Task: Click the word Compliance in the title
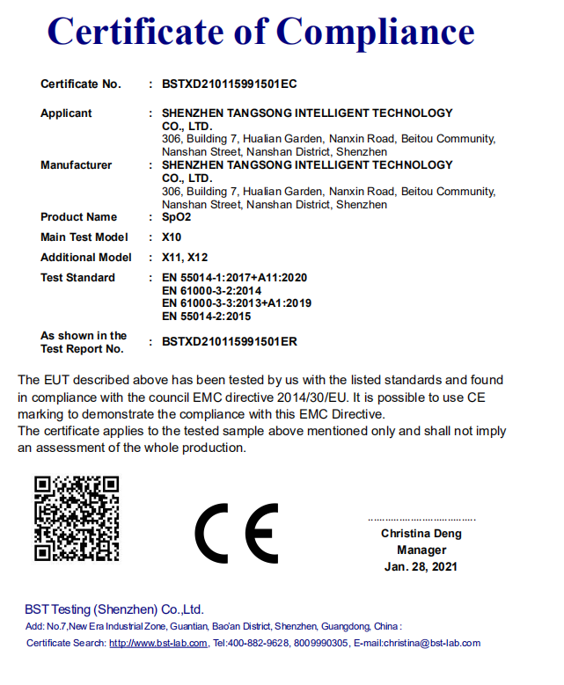coord(376,33)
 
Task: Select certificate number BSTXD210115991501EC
coord(230,84)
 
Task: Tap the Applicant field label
coord(66,113)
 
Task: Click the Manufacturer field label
coord(76,165)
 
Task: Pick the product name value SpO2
coord(177,217)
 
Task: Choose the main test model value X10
coord(172,237)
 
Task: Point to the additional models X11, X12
coord(185,258)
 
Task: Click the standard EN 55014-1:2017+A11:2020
coord(235,278)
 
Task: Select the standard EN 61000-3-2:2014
coord(211,290)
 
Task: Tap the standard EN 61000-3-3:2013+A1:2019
coord(237,303)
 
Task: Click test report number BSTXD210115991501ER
coord(230,342)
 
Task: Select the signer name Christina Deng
coord(421,534)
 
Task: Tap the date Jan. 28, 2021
coord(421,567)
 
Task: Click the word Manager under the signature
coord(421,550)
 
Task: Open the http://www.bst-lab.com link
coord(158,644)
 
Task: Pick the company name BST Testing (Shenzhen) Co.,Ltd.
coord(114,609)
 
